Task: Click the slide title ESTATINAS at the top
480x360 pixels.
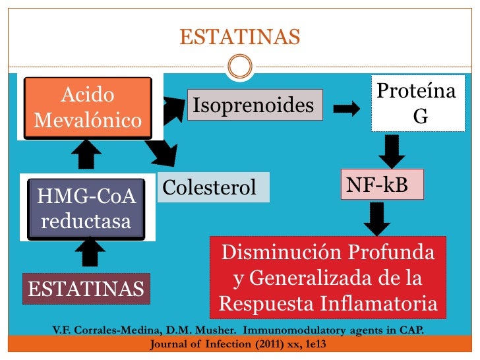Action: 240,37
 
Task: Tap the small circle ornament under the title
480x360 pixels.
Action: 241,66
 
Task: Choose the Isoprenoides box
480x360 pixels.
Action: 255,105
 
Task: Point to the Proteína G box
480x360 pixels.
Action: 416,105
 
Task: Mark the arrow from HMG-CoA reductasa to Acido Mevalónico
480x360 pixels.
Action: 86,156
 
